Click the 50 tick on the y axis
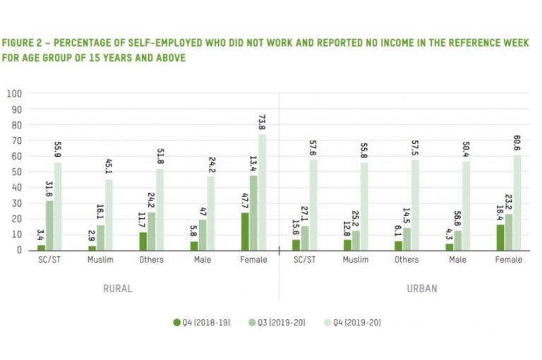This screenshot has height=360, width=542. tap(16, 172)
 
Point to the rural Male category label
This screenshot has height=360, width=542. tap(203, 260)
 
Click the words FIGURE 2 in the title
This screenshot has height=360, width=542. tap(21, 43)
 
